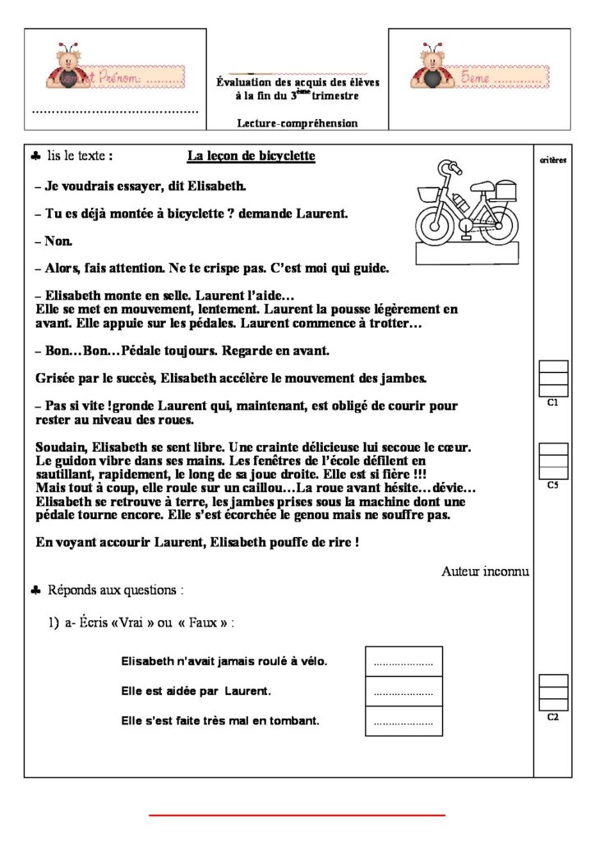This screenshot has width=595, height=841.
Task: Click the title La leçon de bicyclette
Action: click(251, 155)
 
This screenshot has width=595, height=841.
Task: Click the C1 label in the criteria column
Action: click(552, 403)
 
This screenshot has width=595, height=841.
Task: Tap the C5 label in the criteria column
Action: click(552, 485)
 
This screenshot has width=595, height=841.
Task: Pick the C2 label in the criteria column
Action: click(552, 717)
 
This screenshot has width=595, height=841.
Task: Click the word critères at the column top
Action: click(552, 160)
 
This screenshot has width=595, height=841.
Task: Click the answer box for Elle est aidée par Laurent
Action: click(403, 692)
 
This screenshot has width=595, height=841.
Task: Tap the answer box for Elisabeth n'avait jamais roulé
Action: click(403, 661)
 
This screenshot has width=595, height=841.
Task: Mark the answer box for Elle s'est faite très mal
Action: click(403, 722)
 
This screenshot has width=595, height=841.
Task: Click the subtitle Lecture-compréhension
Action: click(297, 123)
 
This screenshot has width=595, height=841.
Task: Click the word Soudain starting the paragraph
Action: click(61, 448)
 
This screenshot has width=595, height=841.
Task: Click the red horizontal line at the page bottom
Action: click(297, 815)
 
